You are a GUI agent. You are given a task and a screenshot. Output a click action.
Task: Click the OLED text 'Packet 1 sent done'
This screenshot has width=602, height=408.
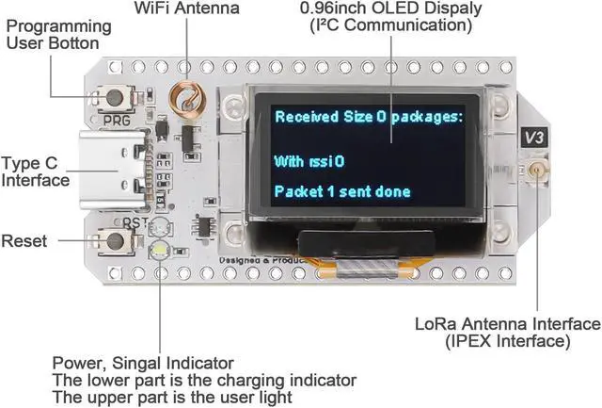pos(342,191)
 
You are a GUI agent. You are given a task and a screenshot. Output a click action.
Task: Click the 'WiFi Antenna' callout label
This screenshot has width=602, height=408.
pos(187,8)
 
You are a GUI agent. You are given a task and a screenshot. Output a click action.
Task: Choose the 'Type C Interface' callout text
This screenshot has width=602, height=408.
pos(36,171)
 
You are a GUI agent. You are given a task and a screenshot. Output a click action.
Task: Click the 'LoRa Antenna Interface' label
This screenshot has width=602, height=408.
pos(507,324)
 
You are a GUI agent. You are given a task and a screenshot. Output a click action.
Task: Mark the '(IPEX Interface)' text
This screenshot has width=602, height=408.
pos(508,341)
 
